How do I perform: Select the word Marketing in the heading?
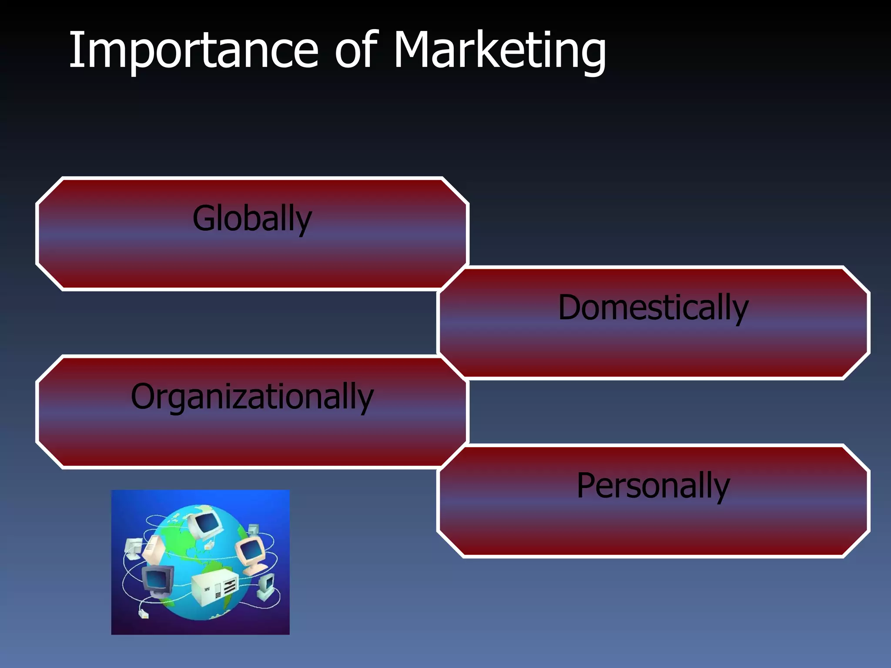[x=499, y=51]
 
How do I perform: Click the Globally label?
[x=252, y=219]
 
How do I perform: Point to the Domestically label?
[x=653, y=308]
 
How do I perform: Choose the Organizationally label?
[x=252, y=397]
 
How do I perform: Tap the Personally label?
[x=653, y=486]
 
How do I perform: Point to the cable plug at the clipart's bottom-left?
[x=143, y=614]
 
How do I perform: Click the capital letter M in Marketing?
[x=413, y=50]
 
